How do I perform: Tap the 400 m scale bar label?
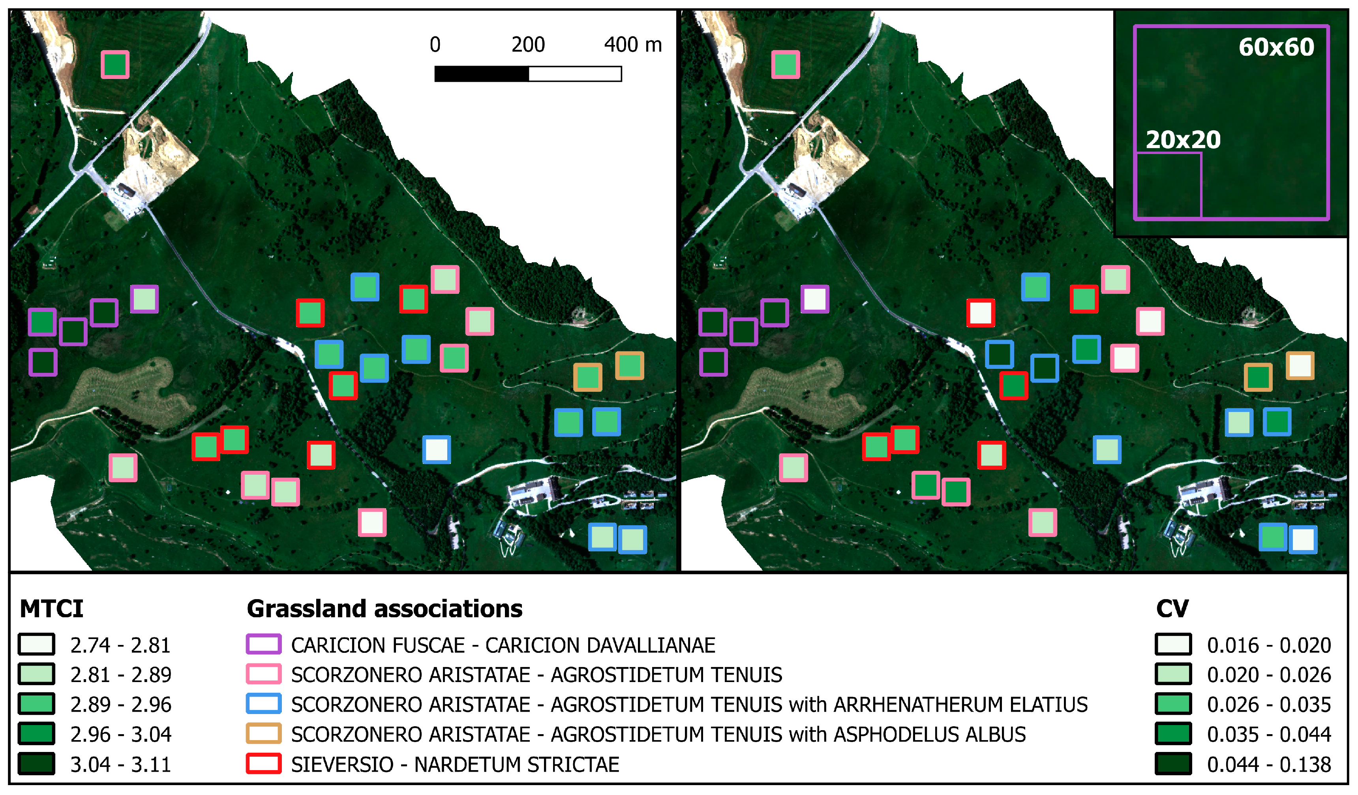[633, 45]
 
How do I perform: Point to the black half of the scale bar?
[481, 74]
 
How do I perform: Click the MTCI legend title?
[52, 609]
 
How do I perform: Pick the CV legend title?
[1172, 609]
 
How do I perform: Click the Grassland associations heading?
[384, 609]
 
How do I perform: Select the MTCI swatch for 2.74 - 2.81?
[37, 645]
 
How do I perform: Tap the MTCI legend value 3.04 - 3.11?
[120, 764]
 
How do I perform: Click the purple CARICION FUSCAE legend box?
[264, 645]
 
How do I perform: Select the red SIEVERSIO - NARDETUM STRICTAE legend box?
[264, 764]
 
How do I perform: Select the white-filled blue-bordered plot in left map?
[437, 449]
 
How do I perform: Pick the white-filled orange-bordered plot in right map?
[1300, 365]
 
